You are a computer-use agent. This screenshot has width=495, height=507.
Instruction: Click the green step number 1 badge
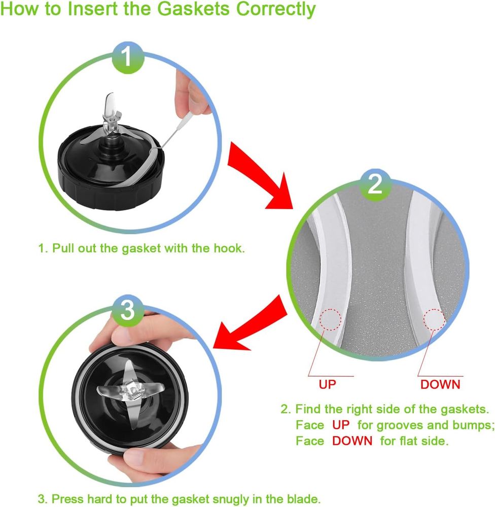pyautogui.click(x=128, y=58)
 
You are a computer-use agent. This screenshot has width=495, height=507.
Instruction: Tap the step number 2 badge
pyautogui.click(x=375, y=185)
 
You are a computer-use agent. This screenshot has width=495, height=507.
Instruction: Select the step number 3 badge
pyautogui.click(x=127, y=310)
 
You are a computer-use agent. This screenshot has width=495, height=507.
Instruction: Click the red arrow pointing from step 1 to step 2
pyautogui.click(x=259, y=174)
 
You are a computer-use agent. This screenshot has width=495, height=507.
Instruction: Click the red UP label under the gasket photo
pyautogui.click(x=328, y=384)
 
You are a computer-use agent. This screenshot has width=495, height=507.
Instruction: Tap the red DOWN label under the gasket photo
pyautogui.click(x=440, y=384)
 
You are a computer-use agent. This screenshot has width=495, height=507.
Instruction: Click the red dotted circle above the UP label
pyautogui.click(x=330, y=319)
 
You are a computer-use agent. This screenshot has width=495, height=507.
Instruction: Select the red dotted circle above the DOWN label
pyautogui.click(x=435, y=319)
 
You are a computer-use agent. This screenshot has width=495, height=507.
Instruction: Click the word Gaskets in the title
pyautogui.click(x=194, y=9)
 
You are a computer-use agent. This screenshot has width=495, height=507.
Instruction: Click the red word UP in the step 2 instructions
pyautogui.click(x=341, y=425)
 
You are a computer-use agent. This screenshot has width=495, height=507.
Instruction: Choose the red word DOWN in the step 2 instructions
pyautogui.click(x=352, y=441)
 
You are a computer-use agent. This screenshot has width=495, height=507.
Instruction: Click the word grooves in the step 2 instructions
pyautogui.click(x=400, y=425)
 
